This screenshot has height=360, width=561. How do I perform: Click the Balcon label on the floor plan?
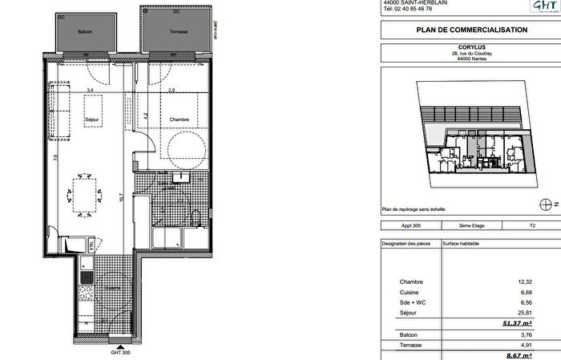tap(84, 31)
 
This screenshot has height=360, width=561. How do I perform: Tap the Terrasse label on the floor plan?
tap(178, 31)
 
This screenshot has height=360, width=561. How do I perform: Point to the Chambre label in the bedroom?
tap(179, 119)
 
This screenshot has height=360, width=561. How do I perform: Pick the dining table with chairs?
tap(86, 192)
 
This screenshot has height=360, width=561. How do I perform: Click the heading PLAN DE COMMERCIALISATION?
tap(470, 30)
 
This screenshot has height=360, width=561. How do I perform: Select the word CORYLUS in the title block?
tap(471, 47)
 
